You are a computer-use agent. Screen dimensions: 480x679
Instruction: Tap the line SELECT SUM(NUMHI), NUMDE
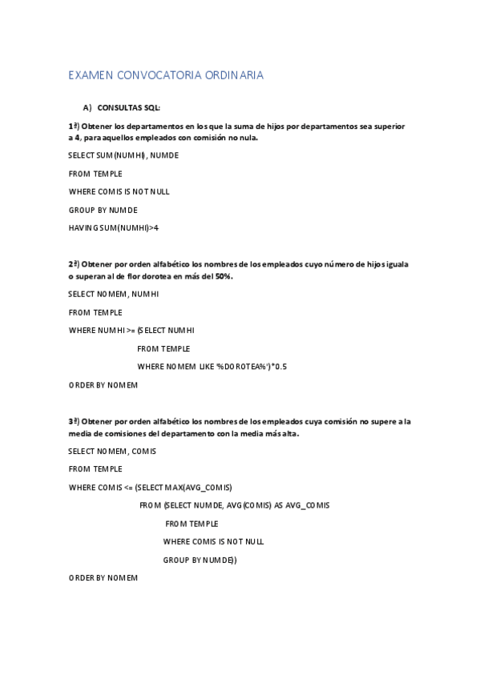[x=123, y=155]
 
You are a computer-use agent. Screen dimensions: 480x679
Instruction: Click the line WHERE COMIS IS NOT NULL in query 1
[x=119, y=191]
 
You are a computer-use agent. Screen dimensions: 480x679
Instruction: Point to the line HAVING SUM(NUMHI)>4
[x=113, y=228]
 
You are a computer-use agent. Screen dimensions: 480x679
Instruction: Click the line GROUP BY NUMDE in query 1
[x=103, y=210]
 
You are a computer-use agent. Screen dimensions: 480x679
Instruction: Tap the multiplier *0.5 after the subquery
[x=279, y=366]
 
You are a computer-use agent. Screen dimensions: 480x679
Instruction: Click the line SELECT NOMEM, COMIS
[x=111, y=451]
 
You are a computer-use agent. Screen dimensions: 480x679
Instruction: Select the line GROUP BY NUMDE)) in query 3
[x=200, y=560]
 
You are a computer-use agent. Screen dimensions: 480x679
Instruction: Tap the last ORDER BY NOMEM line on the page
[x=103, y=578]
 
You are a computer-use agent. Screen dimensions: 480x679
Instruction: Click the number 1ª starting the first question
[x=73, y=127]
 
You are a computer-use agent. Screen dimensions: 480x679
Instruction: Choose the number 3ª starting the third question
[x=73, y=421]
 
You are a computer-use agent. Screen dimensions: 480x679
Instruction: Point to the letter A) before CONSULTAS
[x=87, y=106]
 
